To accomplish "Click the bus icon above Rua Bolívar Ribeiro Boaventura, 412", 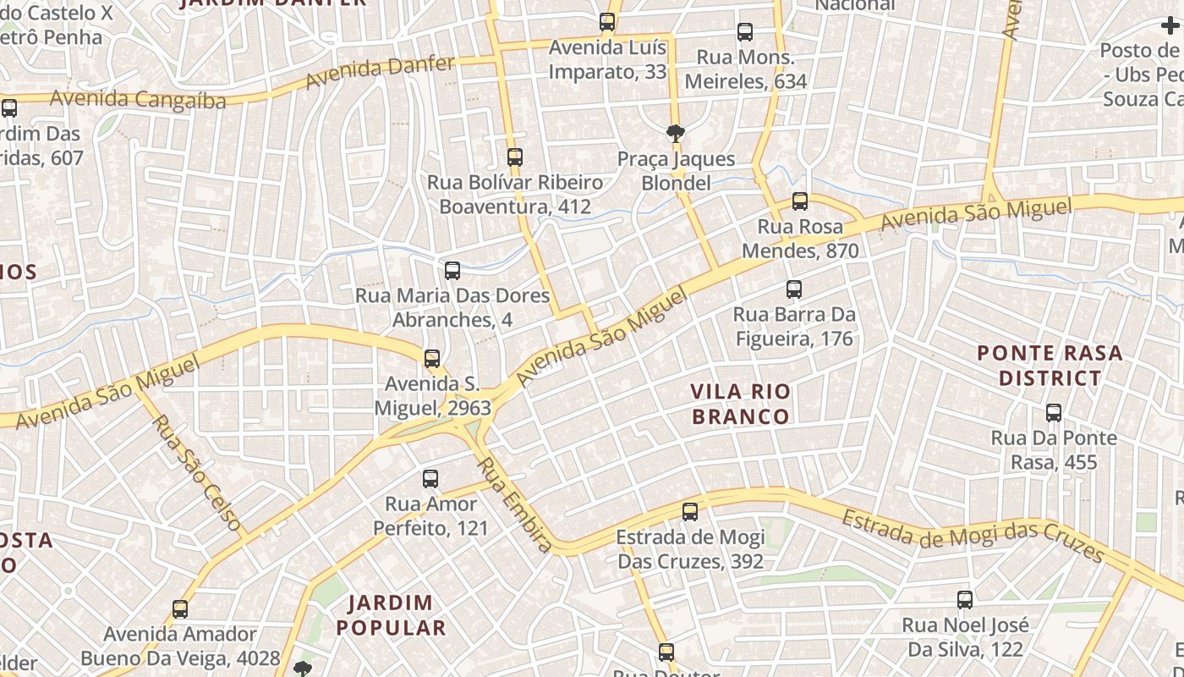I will [514, 157].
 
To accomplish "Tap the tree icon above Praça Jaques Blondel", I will [675, 133].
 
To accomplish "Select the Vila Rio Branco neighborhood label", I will [740, 404].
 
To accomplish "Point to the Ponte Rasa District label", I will [1050, 365].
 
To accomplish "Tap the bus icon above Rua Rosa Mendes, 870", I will [799, 201].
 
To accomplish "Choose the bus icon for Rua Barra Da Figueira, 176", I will [793, 289].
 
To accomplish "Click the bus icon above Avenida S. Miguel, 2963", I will [432, 359].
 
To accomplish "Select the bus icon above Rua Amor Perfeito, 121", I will [430, 479].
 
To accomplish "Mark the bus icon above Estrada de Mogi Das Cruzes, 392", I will [690, 512].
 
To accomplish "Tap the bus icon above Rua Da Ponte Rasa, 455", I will [1053, 413].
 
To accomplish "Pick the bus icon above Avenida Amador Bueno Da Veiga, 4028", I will [179, 609].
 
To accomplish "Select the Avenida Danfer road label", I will [380, 72].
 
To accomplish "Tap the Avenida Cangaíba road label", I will [138, 99].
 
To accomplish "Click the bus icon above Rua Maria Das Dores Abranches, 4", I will [452, 271].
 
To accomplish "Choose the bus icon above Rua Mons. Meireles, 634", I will [745, 32].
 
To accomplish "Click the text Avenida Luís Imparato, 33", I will [607, 59].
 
